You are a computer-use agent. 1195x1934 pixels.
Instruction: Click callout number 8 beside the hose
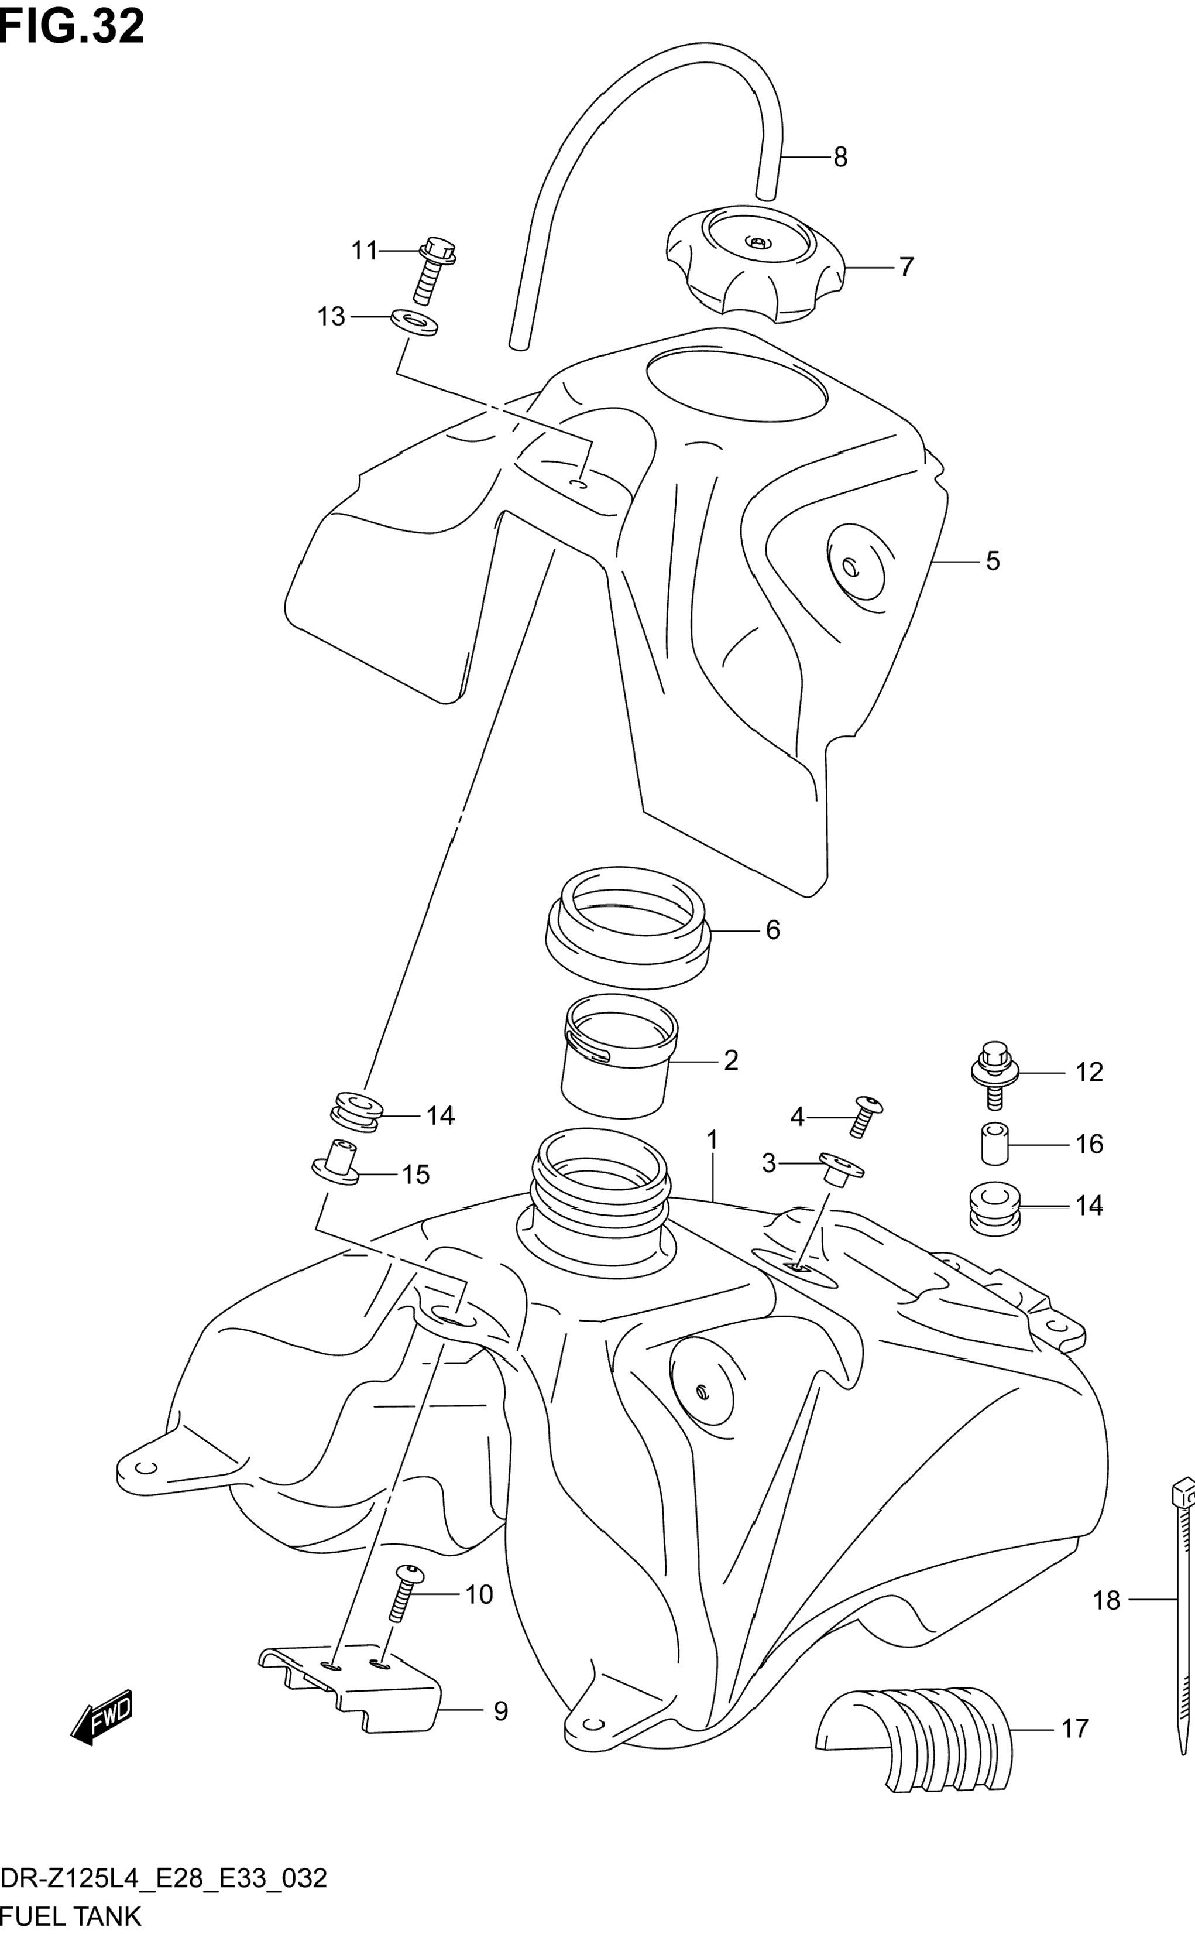point(840,158)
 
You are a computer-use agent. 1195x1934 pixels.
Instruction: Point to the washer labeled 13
point(415,323)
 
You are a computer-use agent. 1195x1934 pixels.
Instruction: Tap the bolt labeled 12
point(994,1074)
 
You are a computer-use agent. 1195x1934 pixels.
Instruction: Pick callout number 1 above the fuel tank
point(712,1140)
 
